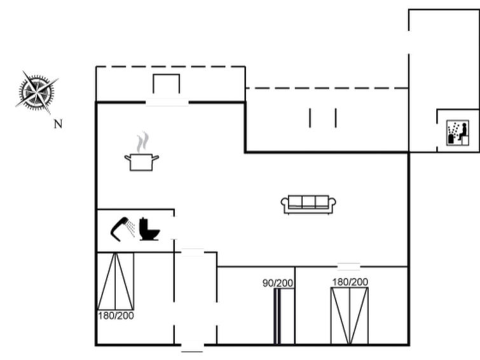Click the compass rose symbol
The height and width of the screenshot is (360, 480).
pos(37,92)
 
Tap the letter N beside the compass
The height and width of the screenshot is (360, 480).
pos(58,124)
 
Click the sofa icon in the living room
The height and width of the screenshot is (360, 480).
pos(308,204)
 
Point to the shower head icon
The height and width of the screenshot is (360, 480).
pos(120,228)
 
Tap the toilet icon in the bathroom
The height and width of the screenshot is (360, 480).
pos(149,229)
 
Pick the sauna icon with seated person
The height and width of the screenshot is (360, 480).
pos(458,132)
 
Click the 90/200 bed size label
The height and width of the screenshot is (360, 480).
pos(278,283)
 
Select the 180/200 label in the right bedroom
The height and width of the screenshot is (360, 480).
pos(350,282)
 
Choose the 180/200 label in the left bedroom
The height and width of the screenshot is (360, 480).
pos(116,315)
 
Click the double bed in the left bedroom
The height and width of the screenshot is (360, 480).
pos(116,281)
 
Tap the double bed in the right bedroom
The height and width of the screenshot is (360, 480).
pos(350,316)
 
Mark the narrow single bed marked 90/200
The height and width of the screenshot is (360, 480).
pos(284,317)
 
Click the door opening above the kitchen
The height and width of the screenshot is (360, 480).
pos(167,102)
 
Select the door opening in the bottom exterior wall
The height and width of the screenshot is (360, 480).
pos(192,345)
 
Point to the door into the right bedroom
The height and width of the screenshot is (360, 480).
pos(348,267)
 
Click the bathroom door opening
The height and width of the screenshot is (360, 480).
pos(174,228)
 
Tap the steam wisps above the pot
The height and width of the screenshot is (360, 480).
pos(142,142)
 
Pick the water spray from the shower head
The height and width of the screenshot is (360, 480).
pos(131,228)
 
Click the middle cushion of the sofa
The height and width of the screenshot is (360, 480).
pos(308,202)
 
